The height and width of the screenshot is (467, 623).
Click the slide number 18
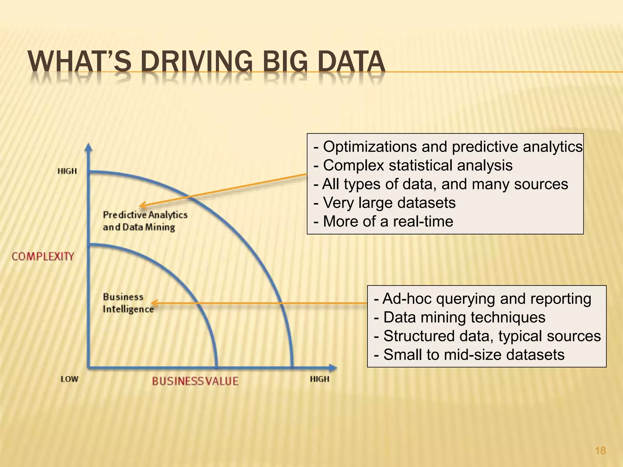coord(600,451)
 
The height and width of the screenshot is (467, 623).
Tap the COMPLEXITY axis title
coord(43,256)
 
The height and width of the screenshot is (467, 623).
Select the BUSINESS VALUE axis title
coord(195,381)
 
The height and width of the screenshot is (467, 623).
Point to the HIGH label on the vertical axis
coord(67,171)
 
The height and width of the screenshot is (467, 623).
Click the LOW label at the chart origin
coord(69,379)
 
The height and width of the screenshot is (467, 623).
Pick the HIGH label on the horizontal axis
coord(319,379)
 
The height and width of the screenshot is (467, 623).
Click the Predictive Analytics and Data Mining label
coord(145,221)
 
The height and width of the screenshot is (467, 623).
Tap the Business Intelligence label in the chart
coord(128,303)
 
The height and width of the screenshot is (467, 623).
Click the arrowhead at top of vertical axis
coord(88,147)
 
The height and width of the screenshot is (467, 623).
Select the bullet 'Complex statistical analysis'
coord(413,165)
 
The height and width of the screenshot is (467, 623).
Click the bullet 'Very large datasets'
coord(385,203)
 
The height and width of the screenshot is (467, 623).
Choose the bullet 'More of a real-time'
coord(383,221)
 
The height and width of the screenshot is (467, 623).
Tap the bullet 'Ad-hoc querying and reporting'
coord(482,299)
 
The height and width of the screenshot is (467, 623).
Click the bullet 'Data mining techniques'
coord(460,317)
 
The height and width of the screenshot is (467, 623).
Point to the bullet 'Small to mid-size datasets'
coord(469,355)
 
